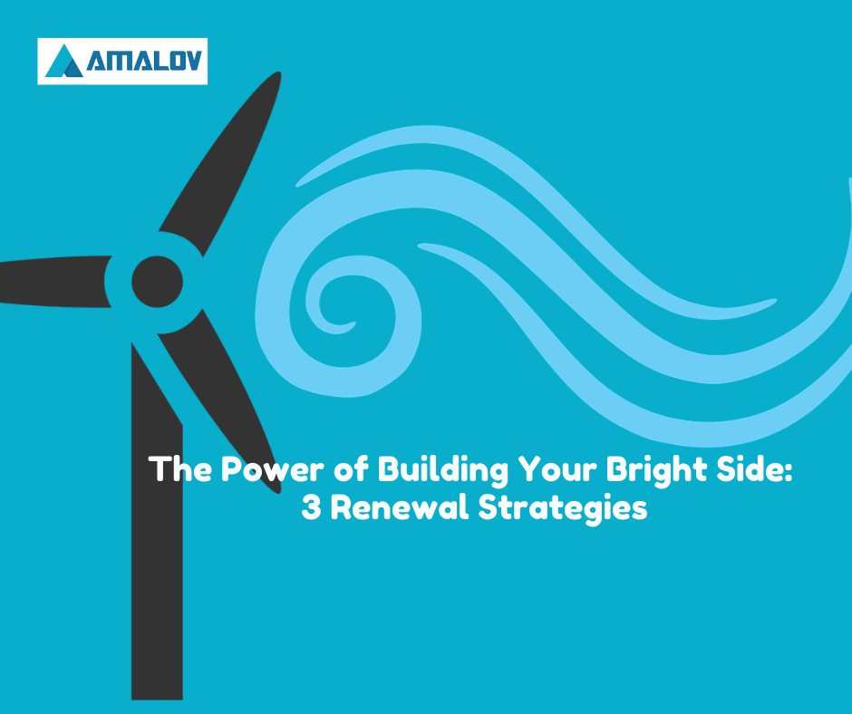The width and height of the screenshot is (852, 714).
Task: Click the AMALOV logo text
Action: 144,61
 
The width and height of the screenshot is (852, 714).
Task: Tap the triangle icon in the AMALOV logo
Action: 64,61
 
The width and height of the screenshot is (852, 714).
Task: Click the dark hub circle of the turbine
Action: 157,282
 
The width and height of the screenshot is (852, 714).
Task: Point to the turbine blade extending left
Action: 54,282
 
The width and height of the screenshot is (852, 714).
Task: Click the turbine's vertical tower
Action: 157,522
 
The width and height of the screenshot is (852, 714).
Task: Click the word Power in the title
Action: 272,469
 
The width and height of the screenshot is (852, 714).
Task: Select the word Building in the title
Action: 442,470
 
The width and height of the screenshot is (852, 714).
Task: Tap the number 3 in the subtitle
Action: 312,508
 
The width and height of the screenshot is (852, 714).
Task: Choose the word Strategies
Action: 563,509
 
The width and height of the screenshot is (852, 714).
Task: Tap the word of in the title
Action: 351,469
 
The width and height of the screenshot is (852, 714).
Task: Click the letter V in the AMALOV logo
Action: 192,61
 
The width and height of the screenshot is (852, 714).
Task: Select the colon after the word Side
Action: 789,473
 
